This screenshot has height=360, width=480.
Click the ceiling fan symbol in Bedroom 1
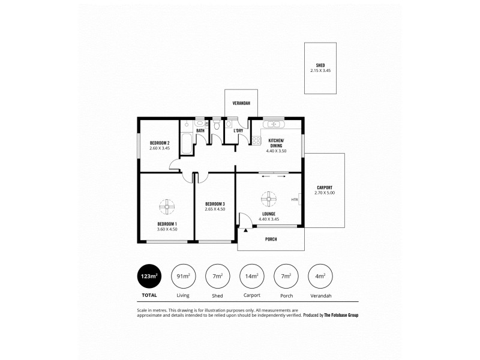(x=166, y=207)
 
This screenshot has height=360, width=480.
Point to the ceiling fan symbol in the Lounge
(x=268, y=198)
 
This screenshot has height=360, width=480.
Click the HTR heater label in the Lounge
(x=294, y=200)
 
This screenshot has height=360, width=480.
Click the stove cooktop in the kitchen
(x=256, y=141)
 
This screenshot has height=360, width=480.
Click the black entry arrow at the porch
(x=246, y=228)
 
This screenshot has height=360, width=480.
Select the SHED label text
(x=320, y=65)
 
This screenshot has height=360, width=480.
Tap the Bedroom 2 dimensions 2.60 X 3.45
(x=160, y=148)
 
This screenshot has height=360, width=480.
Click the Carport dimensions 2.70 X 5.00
(x=325, y=193)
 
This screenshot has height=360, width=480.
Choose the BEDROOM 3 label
(x=215, y=203)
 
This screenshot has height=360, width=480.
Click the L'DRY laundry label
(x=238, y=130)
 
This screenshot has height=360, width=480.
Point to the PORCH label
(x=271, y=239)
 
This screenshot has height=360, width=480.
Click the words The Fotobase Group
(x=340, y=315)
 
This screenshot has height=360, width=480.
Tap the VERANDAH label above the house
(x=241, y=103)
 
